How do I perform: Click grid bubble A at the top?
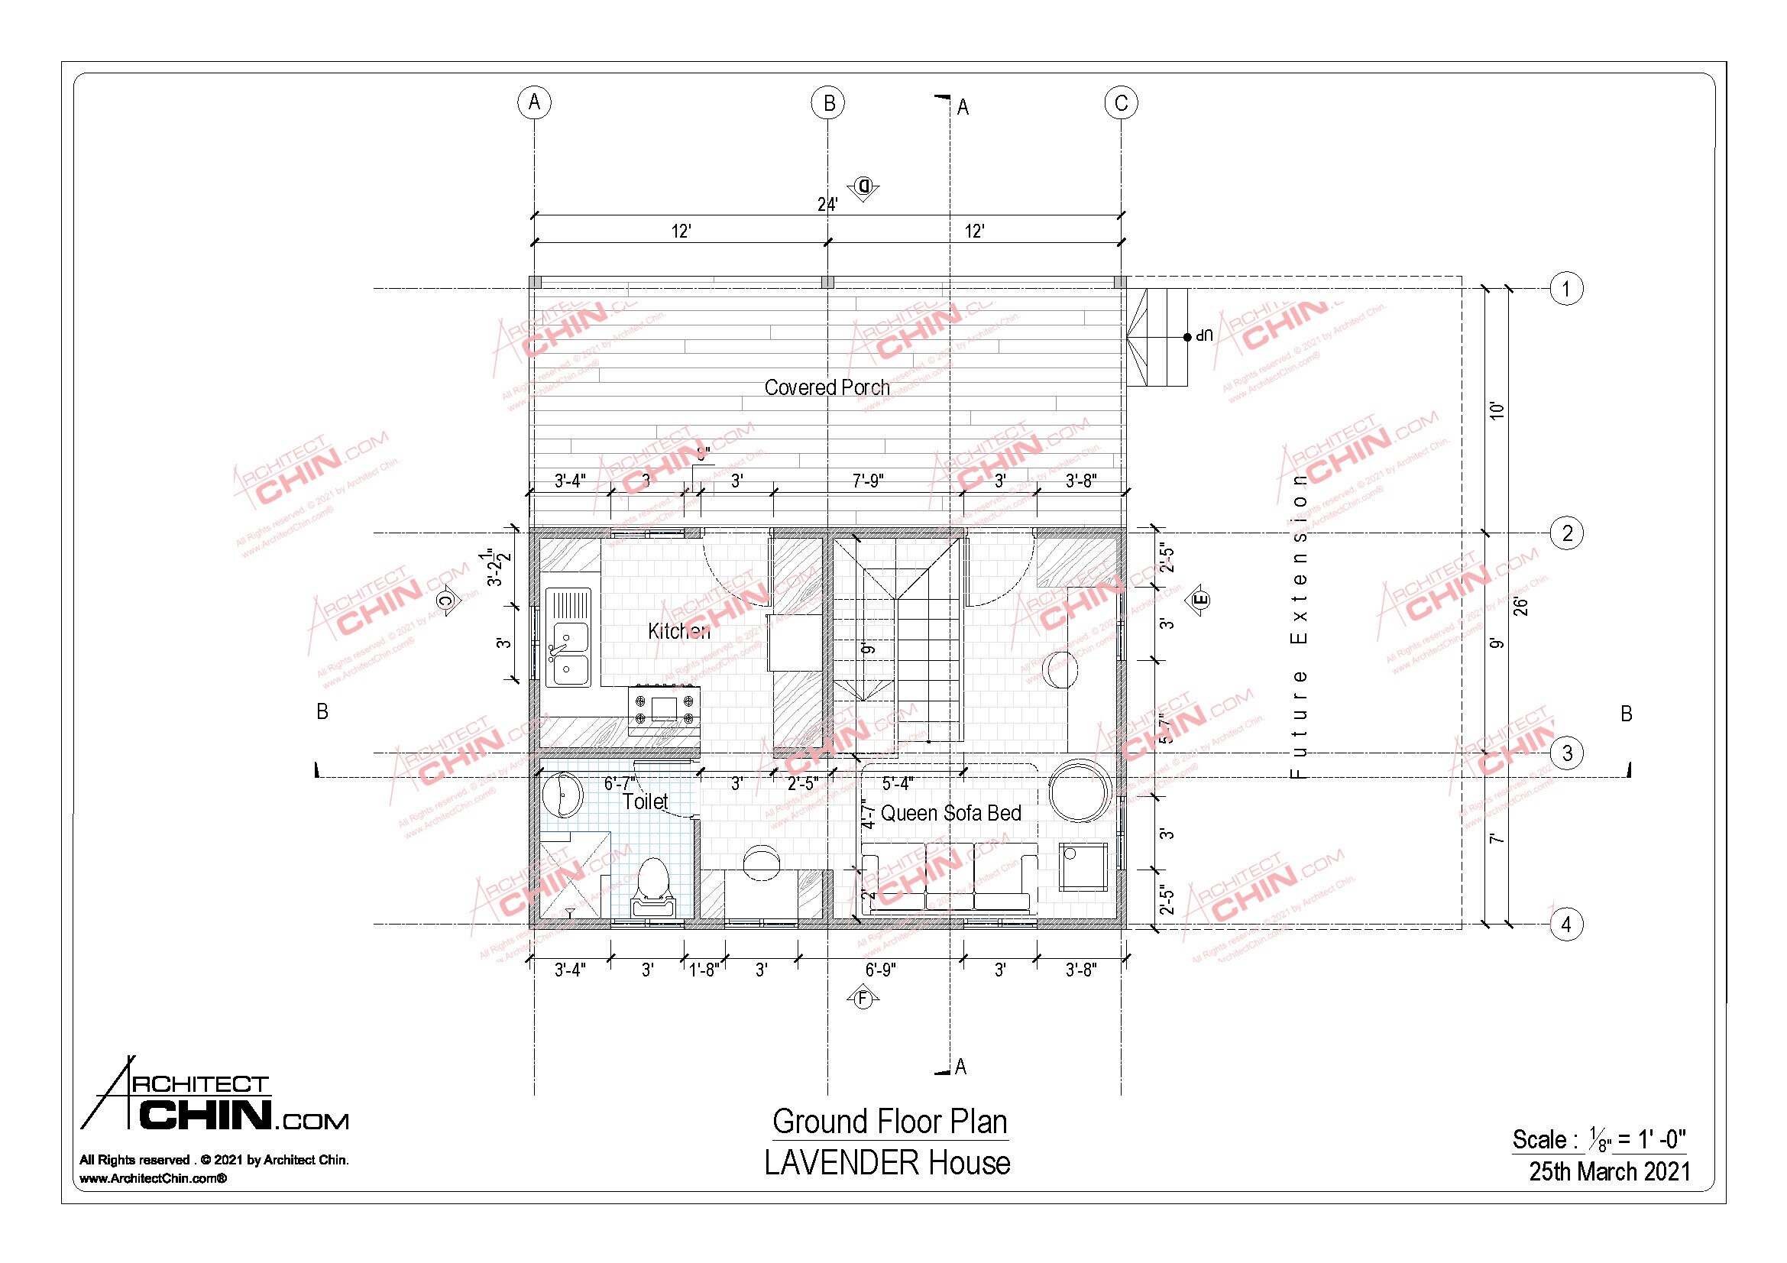click(534, 102)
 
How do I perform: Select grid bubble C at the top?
click(1121, 102)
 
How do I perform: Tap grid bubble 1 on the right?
click(1566, 289)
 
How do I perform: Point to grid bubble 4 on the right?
click(1566, 925)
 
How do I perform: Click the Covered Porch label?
click(827, 387)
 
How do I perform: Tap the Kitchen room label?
click(678, 631)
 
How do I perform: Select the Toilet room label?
click(646, 802)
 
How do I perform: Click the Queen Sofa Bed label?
click(950, 813)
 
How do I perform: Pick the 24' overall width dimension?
click(827, 204)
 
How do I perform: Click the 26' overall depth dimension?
click(1523, 605)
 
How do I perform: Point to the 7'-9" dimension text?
click(867, 481)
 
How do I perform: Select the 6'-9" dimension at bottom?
click(879, 970)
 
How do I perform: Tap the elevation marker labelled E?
click(1199, 599)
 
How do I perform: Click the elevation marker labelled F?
click(863, 999)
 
